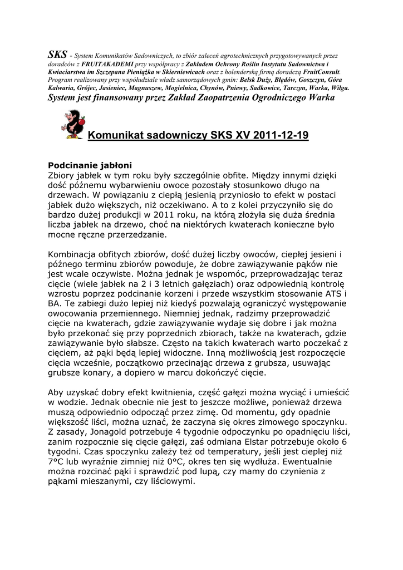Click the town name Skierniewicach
(181, 72)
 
